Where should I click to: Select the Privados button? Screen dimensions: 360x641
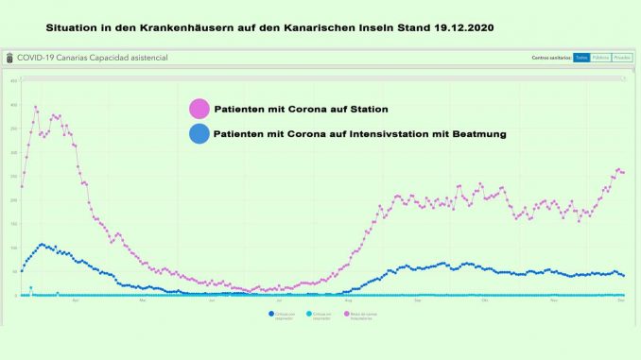pos(621,58)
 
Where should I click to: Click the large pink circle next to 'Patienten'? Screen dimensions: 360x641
pos(200,110)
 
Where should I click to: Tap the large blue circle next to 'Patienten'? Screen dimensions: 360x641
pos(200,134)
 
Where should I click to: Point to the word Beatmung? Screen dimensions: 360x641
pos(477,134)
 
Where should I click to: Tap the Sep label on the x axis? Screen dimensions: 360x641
pos(417,301)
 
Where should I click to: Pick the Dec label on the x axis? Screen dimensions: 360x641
pos(619,301)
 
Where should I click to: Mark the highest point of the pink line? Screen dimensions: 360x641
pos(36,107)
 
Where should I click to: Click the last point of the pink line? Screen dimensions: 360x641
pos(623,173)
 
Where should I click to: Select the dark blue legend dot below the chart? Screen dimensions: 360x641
pos(271,313)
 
